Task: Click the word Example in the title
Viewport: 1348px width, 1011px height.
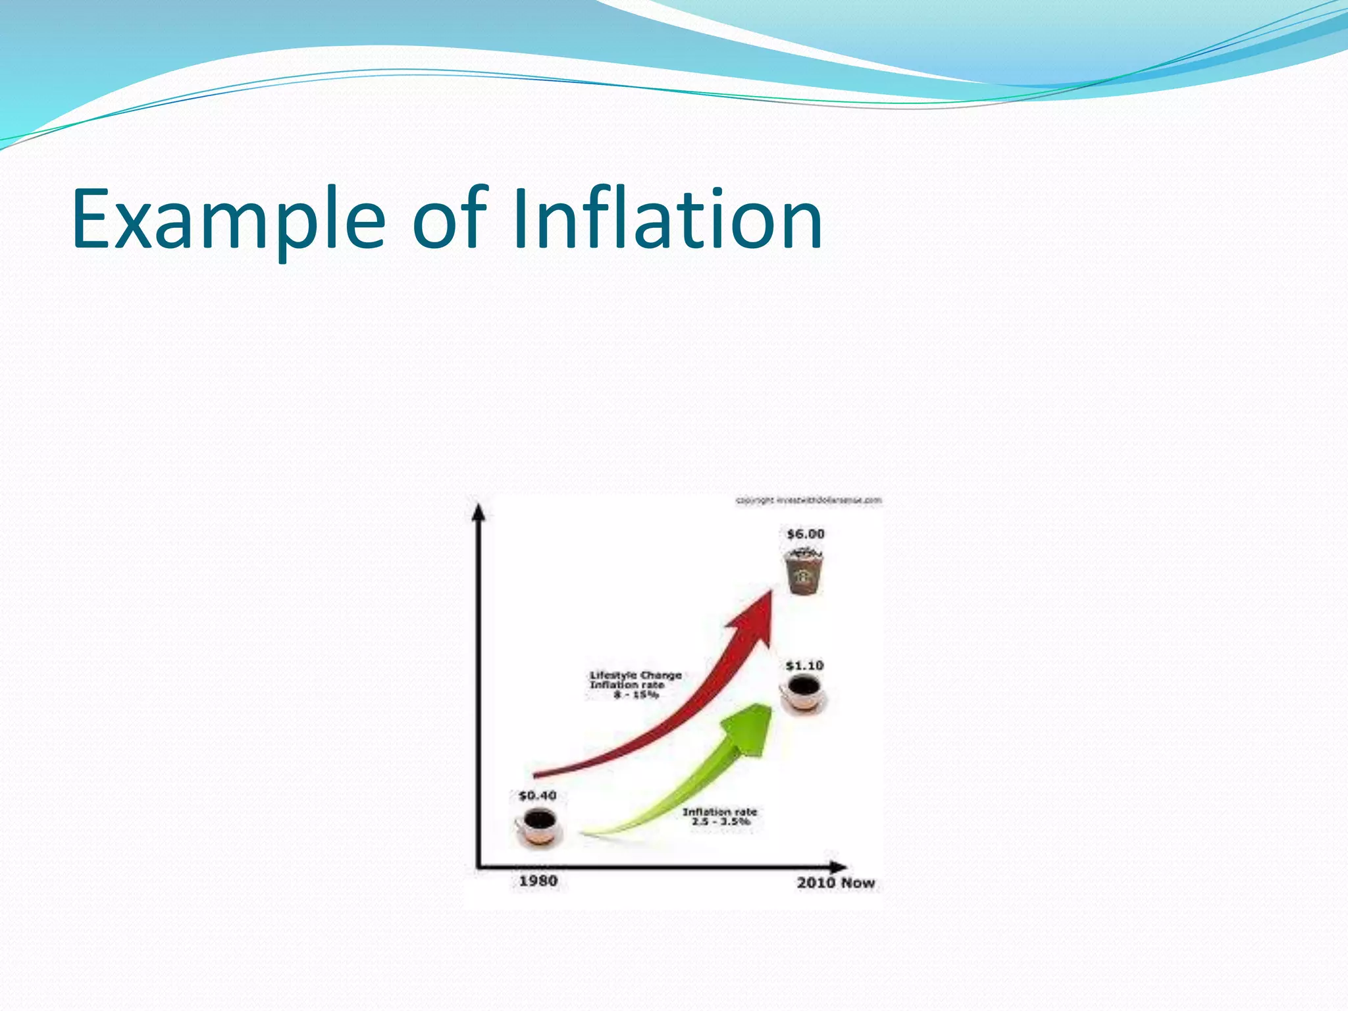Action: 228,219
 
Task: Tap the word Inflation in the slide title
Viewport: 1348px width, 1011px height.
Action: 667,219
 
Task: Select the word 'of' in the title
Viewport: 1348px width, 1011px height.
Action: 450,219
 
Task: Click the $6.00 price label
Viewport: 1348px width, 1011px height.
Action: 805,534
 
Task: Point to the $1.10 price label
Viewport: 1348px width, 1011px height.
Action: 804,666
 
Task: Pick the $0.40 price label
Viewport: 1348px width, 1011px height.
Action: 537,796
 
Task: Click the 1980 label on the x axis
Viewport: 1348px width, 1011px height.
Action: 538,881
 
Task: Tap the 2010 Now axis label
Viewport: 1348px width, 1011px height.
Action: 835,883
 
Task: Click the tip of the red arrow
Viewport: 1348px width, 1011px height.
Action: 770,592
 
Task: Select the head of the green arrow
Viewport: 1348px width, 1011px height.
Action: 750,727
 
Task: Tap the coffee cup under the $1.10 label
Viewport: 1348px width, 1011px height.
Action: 803,694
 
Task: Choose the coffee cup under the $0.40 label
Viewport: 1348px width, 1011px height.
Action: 538,827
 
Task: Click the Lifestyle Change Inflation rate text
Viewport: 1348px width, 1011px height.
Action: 635,685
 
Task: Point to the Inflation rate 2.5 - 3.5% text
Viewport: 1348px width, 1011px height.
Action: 719,817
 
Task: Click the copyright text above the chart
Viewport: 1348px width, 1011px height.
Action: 808,501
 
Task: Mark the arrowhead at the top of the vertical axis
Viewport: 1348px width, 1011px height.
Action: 479,511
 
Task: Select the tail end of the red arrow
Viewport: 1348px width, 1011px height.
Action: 536,775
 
